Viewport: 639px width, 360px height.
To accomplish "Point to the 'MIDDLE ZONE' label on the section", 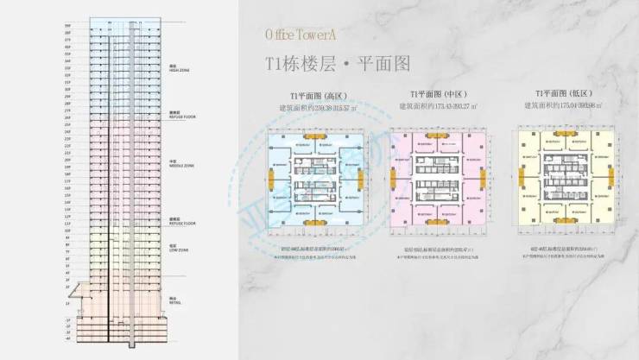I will coord(182,165).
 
